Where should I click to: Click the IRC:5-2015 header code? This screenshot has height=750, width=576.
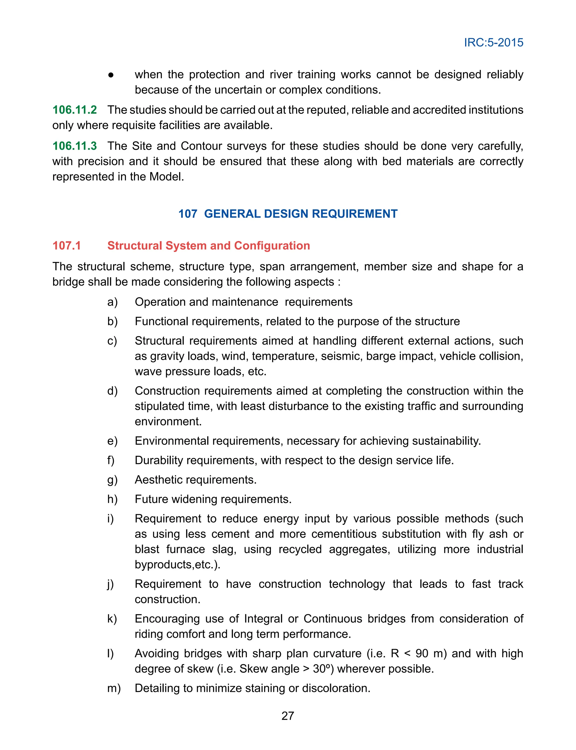click(x=493, y=42)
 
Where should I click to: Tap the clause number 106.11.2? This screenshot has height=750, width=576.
click(x=75, y=110)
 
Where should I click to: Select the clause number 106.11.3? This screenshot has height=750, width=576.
click(x=75, y=146)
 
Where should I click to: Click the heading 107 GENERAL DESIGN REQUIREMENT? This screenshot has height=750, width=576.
click(x=288, y=214)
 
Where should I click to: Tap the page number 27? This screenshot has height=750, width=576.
click(x=288, y=716)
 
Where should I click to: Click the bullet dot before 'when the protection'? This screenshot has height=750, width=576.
click(x=111, y=75)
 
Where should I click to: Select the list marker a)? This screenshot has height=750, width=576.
click(x=112, y=302)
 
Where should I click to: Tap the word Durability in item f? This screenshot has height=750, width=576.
click(x=159, y=460)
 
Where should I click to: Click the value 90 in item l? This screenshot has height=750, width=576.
click(x=422, y=653)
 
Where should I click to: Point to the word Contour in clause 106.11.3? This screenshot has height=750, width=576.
click(x=202, y=146)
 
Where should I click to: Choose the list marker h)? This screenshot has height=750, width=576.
click(x=112, y=499)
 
